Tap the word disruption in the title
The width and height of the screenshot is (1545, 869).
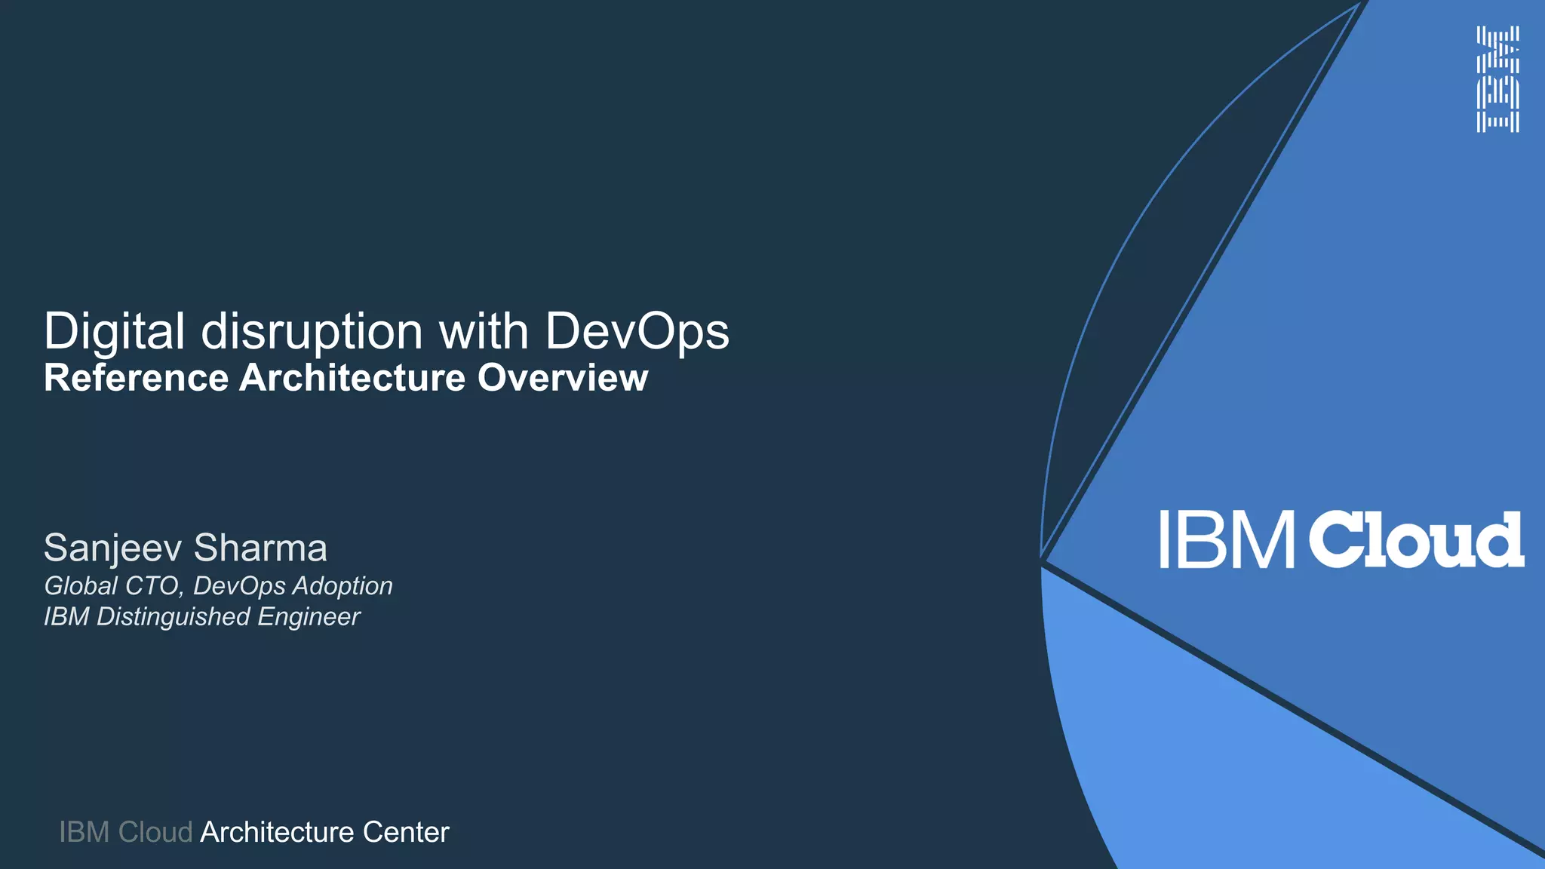pyautogui.click(x=312, y=331)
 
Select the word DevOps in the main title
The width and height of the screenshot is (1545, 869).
pyautogui.click(x=637, y=331)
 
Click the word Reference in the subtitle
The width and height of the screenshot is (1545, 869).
pyautogui.click(x=136, y=378)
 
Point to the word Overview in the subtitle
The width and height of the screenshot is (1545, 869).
pyautogui.click(x=562, y=378)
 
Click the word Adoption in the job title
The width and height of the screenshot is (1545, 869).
pyautogui.click(x=342, y=586)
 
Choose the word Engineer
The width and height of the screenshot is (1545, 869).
pyautogui.click(x=309, y=617)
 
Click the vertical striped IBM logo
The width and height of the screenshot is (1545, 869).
pyautogui.click(x=1497, y=79)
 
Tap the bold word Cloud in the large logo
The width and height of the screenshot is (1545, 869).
pyautogui.click(x=1415, y=540)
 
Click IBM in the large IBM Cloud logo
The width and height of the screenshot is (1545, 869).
pyautogui.click(x=1226, y=540)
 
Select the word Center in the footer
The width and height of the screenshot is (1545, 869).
pyautogui.click(x=406, y=833)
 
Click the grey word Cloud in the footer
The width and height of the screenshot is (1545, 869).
pyautogui.click(x=155, y=833)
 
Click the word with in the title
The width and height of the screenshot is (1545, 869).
pyautogui.click(x=484, y=331)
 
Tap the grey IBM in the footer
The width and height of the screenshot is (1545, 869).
pyautogui.click(x=84, y=833)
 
